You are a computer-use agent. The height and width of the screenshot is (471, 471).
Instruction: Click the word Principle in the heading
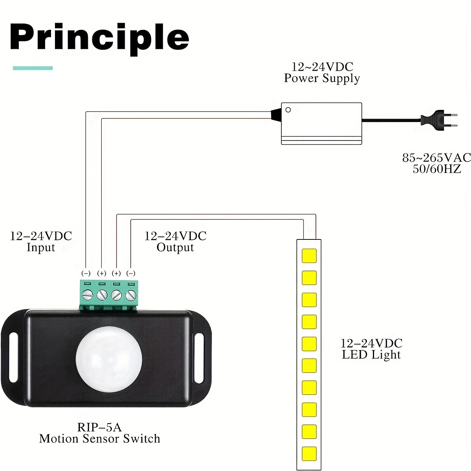click(x=99, y=38)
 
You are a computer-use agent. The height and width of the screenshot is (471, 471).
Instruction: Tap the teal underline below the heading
click(x=33, y=68)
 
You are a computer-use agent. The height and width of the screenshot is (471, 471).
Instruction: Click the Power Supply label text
click(x=322, y=78)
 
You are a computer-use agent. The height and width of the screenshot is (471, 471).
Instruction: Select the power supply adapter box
click(x=321, y=124)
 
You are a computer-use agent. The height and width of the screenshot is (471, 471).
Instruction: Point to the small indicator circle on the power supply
click(x=288, y=110)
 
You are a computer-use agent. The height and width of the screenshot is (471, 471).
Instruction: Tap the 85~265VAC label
click(x=436, y=158)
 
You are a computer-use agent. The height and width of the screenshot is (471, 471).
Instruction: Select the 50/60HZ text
click(x=436, y=169)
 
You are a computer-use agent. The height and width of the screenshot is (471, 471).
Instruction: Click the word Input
click(x=41, y=248)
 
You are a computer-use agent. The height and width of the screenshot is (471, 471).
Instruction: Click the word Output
click(x=175, y=248)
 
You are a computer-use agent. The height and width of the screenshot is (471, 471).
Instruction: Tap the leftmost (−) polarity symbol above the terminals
click(x=86, y=273)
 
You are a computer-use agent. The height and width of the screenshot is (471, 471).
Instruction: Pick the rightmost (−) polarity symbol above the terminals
click(x=131, y=273)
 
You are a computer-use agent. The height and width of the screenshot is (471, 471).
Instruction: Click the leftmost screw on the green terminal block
click(x=88, y=294)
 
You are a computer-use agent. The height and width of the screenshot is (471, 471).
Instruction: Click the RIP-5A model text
click(x=99, y=427)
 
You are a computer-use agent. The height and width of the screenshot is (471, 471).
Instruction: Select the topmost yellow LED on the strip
click(x=309, y=256)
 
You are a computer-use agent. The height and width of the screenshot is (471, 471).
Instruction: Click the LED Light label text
click(x=371, y=355)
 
